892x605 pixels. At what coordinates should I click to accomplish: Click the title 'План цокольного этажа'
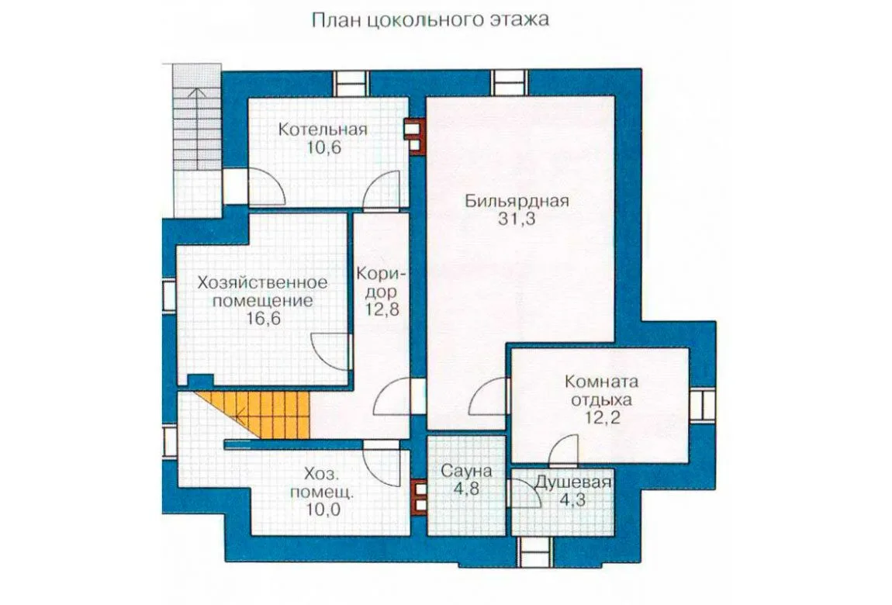430,20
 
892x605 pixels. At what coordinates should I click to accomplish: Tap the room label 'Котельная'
323,130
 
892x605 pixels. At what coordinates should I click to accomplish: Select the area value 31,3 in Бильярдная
517,220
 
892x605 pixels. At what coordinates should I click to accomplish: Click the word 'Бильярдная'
517,202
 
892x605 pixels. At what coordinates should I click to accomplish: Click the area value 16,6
264,319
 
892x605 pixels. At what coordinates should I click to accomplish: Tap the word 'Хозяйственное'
262,282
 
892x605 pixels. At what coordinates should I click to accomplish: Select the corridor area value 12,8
382,310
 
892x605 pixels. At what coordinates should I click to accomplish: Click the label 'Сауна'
466,471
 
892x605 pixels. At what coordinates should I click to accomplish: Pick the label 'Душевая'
572,483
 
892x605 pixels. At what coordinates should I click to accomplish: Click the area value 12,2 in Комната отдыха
601,418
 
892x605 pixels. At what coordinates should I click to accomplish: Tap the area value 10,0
323,510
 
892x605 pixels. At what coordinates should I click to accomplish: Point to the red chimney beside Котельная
415,136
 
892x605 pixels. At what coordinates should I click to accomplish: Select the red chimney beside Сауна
420,497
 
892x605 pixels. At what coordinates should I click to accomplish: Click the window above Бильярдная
509,83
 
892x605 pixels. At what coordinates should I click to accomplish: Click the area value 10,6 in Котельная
323,148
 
